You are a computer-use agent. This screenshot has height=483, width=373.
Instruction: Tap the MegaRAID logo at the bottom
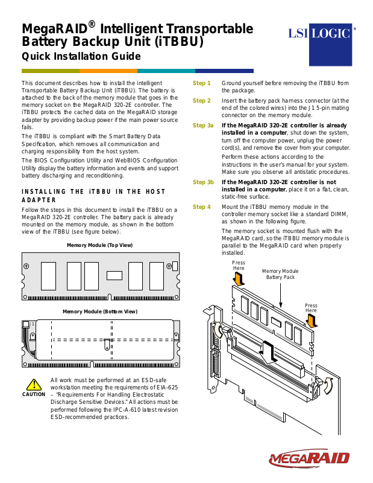[x=309, y=459]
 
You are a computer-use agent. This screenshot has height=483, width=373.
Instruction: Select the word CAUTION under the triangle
[x=33, y=395]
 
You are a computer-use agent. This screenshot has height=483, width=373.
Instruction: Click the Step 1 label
[x=202, y=83]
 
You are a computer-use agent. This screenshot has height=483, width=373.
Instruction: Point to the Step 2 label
[x=202, y=101]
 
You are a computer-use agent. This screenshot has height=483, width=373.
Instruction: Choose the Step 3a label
[x=203, y=126]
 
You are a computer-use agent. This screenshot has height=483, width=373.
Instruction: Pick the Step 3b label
[x=203, y=182]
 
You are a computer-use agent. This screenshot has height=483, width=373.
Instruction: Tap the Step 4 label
[x=202, y=207]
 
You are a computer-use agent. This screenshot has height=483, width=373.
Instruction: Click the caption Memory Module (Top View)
[x=99, y=245]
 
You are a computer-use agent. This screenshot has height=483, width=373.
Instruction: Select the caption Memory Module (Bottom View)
[x=99, y=312]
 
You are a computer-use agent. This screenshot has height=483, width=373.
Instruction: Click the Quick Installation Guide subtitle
[x=81, y=57]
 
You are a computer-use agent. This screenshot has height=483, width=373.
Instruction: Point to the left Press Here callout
[x=239, y=266]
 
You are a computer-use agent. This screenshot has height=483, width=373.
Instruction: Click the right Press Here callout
[x=310, y=308]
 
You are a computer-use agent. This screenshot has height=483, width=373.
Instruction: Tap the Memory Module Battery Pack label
[x=281, y=275]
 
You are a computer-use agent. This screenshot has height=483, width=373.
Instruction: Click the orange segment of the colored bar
[x=109, y=71]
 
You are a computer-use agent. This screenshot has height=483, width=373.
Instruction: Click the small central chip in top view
[x=114, y=276]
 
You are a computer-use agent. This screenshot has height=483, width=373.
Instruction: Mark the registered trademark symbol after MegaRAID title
[x=92, y=24]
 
